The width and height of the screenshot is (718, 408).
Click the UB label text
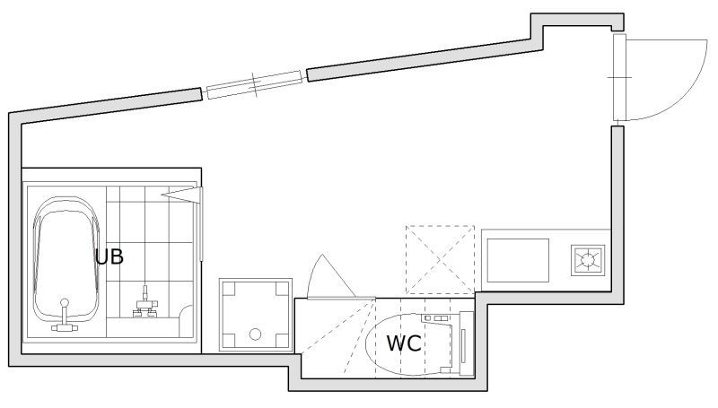[x=109, y=256]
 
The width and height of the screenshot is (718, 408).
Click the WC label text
[x=404, y=343]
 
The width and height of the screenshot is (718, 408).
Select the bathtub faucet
[x=65, y=316]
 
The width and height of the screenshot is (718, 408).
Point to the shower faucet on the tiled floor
[x=145, y=303]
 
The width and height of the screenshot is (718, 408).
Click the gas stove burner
[x=588, y=260]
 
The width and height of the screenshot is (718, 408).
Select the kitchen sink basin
[x=518, y=260]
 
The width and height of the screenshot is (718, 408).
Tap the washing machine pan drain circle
[x=255, y=334]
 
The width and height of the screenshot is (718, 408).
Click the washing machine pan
[x=256, y=315]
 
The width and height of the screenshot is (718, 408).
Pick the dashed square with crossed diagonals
[x=440, y=260]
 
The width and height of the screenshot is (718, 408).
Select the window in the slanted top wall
[x=254, y=84]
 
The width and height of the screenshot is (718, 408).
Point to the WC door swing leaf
[x=330, y=277]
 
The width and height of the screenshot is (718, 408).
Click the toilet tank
[x=466, y=343]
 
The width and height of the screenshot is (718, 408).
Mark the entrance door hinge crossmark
[x=619, y=78]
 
